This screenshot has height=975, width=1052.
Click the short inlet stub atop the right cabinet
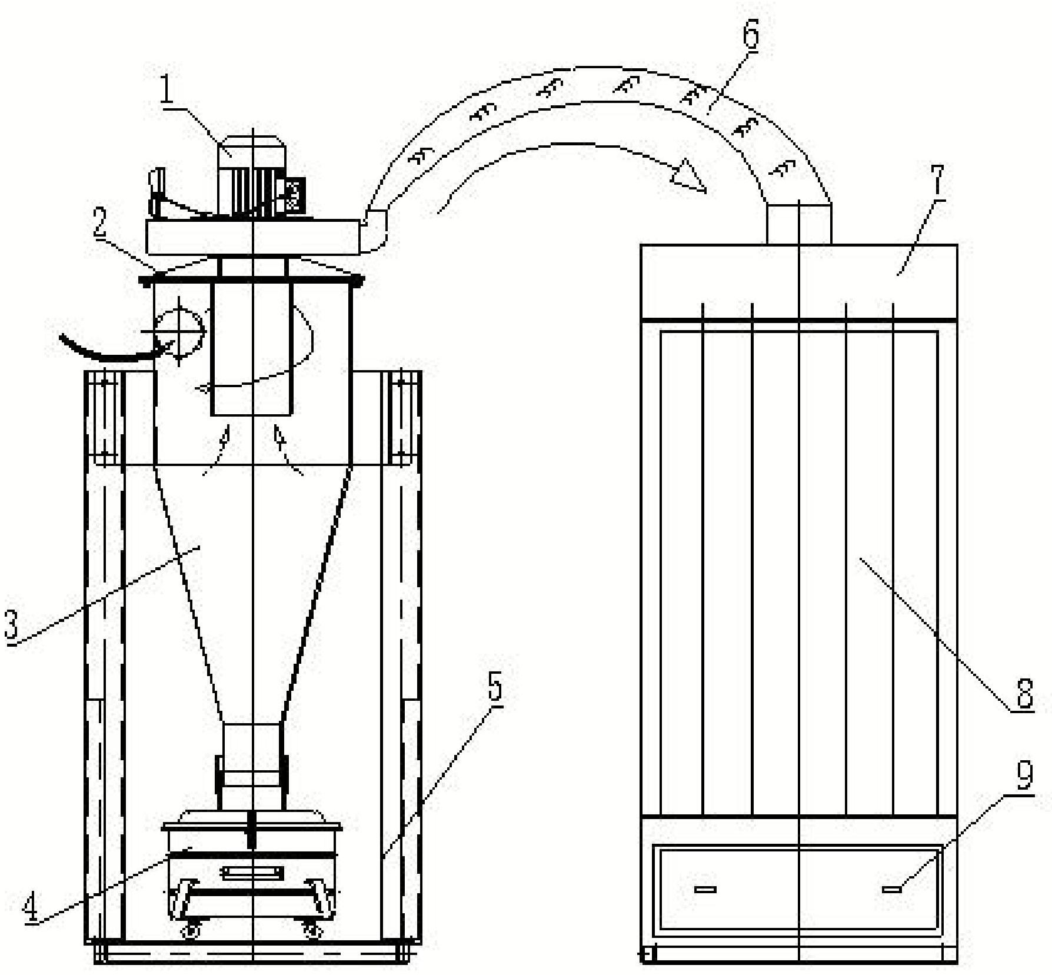pos(799,224)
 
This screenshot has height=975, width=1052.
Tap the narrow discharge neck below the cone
pos(252,765)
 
